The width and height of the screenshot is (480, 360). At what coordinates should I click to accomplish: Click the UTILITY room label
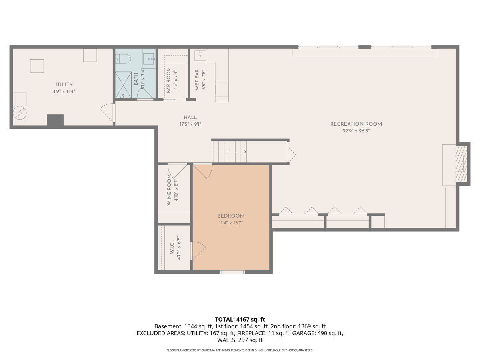(63, 84)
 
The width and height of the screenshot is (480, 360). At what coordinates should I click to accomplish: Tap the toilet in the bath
(123, 58)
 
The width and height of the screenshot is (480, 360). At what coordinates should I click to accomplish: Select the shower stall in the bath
(123, 85)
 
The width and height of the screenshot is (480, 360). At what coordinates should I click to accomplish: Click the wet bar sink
(200, 55)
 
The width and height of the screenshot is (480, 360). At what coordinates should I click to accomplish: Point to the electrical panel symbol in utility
(20, 113)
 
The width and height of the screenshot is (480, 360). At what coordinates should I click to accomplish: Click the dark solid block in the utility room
(55, 120)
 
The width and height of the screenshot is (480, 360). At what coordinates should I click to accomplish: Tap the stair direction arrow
(230, 152)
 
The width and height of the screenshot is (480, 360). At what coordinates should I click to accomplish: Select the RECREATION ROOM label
(356, 124)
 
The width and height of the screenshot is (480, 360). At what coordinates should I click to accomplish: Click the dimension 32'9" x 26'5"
(356, 131)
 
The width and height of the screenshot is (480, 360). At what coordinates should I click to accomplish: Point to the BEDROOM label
(231, 216)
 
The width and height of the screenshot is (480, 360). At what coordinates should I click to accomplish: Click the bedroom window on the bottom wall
(232, 272)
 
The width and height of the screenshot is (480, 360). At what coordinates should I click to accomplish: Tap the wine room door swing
(177, 171)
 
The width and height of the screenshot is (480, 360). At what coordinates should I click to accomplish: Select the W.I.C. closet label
(172, 248)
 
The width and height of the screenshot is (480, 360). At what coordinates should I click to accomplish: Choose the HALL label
(190, 117)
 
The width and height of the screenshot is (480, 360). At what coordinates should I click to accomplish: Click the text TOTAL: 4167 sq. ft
(240, 319)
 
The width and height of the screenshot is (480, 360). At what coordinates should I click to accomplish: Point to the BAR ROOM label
(168, 80)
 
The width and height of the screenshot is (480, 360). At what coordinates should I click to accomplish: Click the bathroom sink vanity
(149, 58)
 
